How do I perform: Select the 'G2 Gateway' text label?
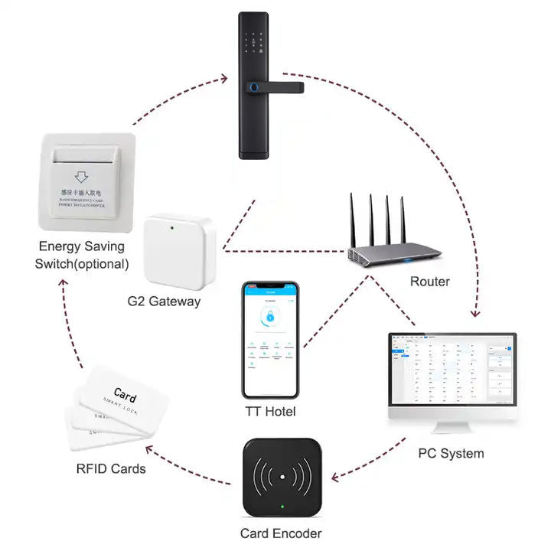pyautogui.click(x=164, y=301)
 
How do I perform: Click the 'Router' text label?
pyautogui.click(x=429, y=281)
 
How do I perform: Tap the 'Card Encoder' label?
pyautogui.click(x=281, y=533)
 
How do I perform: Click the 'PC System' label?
pyautogui.click(x=451, y=453)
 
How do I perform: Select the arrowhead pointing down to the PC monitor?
pyautogui.click(x=477, y=313)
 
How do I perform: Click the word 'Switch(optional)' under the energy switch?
pyautogui.click(x=82, y=265)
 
